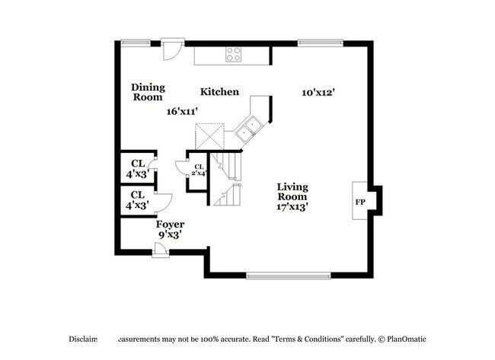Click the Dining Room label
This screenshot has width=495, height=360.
click(x=148, y=92)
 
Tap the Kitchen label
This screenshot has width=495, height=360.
click(x=219, y=92)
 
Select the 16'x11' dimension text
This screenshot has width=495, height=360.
click(x=183, y=111)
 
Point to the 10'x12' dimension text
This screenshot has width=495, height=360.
click(x=318, y=92)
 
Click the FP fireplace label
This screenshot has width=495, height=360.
click(x=359, y=202)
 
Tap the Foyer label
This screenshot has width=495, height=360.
click(x=170, y=225)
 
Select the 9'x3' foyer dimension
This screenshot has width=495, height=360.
click(x=170, y=235)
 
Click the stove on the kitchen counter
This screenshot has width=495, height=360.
click(x=234, y=55)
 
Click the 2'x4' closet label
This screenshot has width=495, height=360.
click(x=199, y=170)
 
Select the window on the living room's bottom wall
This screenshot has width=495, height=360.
click(x=289, y=275)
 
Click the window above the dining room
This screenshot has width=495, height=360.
click(x=136, y=43)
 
